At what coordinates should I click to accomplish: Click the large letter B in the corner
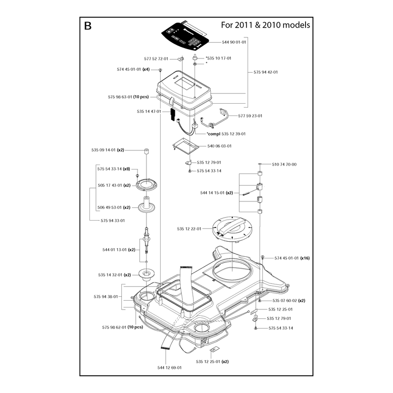point(88,26)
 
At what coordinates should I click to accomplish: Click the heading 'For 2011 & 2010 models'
point(265,25)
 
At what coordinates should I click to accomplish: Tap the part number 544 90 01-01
point(234,42)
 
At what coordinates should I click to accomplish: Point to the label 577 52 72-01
point(156,58)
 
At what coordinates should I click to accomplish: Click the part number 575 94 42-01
point(266,72)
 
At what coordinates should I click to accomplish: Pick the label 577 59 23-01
point(250,116)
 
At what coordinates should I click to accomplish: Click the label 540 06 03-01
point(219,146)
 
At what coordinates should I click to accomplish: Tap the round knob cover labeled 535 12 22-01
point(232,228)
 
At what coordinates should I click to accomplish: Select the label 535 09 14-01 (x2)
point(108,150)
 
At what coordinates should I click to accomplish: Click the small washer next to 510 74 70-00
point(260,164)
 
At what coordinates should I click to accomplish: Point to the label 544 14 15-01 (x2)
point(217,193)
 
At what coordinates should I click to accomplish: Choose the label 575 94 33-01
point(112,221)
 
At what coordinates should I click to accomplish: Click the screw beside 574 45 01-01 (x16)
point(263,256)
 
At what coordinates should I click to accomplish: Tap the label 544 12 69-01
point(169,367)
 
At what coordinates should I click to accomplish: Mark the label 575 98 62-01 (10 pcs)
point(122,327)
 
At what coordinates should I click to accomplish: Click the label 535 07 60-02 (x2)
point(289,301)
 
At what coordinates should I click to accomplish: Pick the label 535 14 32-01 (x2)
point(114,275)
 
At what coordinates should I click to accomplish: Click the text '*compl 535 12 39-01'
point(226,134)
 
